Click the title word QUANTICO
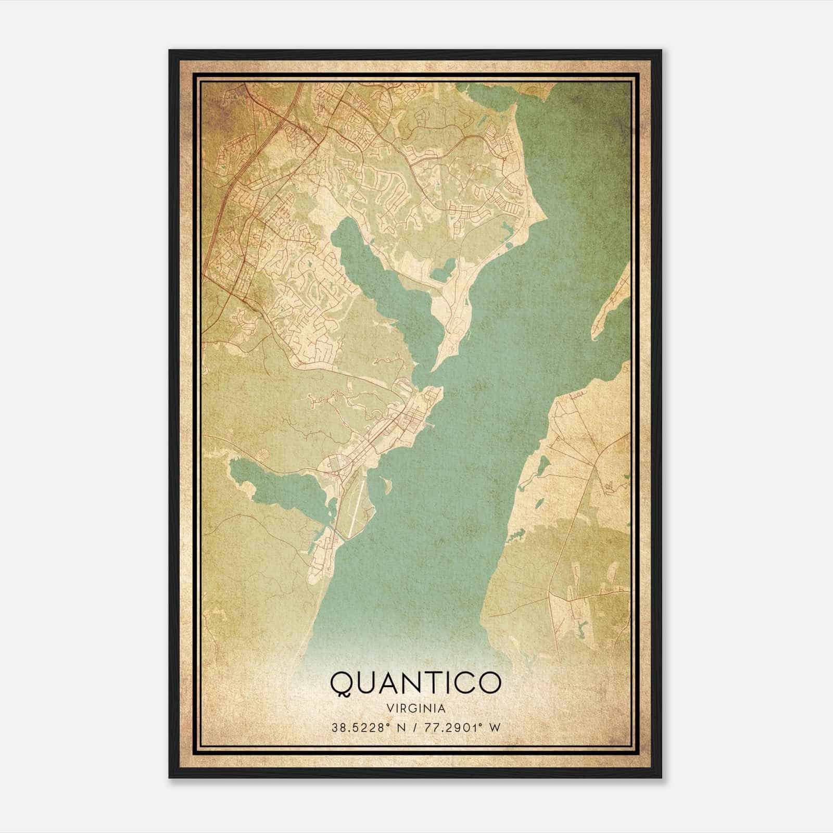(415, 683)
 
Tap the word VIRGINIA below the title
(415, 709)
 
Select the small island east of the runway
(387, 485)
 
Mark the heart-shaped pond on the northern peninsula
(441, 271)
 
